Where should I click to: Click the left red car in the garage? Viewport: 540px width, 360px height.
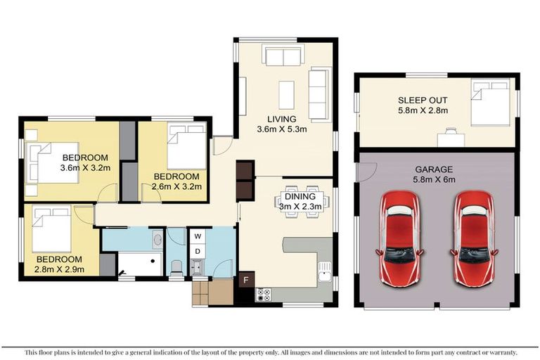pos(401,239)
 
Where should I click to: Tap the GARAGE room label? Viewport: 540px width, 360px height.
pos(434,169)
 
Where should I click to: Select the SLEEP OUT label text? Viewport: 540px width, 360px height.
pos(422,100)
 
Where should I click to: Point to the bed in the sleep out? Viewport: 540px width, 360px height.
pos(491,104)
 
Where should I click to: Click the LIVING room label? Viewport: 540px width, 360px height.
pos(281,119)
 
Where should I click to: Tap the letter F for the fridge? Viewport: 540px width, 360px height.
pos(245,279)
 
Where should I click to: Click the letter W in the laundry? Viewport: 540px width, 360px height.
pos(198,236)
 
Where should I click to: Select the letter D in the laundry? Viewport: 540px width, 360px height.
pos(198,251)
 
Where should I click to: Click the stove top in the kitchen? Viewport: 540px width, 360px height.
pos(264,295)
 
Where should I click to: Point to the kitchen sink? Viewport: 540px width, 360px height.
pos(324,270)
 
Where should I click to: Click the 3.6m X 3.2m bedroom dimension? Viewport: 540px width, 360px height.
pos(84,168)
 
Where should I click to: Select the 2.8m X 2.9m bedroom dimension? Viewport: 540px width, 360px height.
pos(60,269)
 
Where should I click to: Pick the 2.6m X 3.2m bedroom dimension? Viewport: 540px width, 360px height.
pos(178,186)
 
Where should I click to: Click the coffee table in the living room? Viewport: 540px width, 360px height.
pos(286,95)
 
